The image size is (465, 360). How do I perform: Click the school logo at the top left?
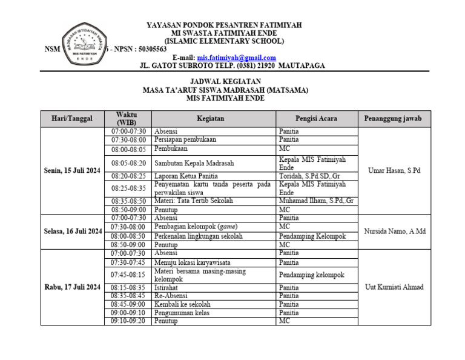click(83, 44)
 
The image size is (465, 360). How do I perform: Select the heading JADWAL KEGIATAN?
click(225, 81)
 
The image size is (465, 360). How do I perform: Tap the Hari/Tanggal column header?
click(72, 119)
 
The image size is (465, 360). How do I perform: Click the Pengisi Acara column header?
click(316, 119)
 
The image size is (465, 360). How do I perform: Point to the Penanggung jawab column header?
click(394, 119)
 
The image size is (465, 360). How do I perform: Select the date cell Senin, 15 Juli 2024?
click(72, 170)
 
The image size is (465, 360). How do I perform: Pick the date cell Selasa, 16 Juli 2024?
click(72, 231)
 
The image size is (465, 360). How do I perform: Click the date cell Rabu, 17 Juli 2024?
click(72, 287)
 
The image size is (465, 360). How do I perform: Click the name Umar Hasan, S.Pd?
click(394, 170)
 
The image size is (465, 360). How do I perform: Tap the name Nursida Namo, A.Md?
click(394, 231)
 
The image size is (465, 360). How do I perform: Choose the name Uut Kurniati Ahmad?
click(394, 287)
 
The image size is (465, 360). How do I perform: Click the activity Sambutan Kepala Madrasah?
click(194, 163)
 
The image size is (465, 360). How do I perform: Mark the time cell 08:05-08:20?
click(128, 163)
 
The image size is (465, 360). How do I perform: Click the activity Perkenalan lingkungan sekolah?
click(199, 236)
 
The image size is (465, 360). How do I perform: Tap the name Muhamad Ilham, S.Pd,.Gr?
click(316, 201)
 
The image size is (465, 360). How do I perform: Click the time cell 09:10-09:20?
click(128, 321)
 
